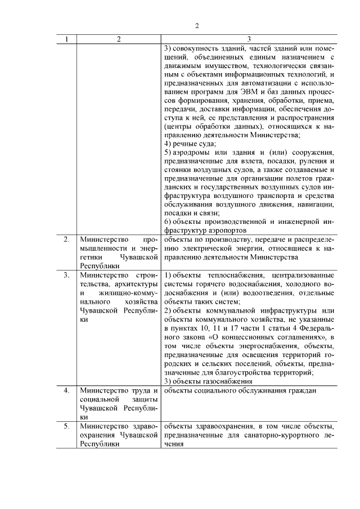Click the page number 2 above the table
197,25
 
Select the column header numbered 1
66,39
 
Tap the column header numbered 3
249,39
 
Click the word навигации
316,205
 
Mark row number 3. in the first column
66,275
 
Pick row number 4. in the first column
66,390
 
